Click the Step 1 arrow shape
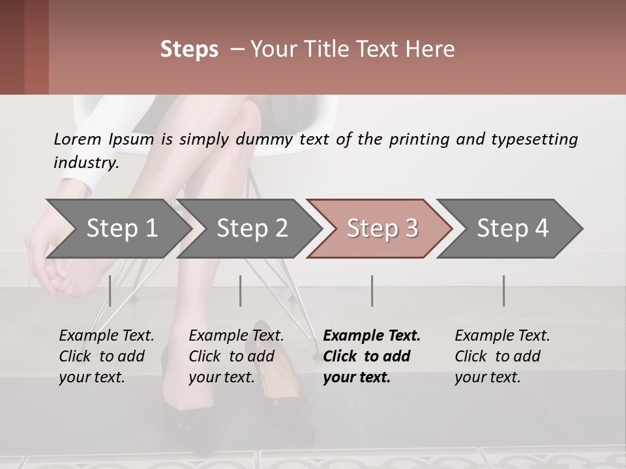tap(121, 229)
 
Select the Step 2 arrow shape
tap(252, 229)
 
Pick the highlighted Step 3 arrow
tap(382, 229)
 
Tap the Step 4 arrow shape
tap(513, 229)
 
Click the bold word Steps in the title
tap(189, 50)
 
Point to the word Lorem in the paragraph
tap(77, 139)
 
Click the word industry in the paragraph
tap(85, 163)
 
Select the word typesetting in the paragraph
tap(534, 139)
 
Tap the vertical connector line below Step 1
tap(110, 291)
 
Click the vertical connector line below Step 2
tap(241, 291)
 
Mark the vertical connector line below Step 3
tap(372, 291)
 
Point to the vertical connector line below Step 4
tap(503, 291)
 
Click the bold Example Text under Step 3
tap(372, 336)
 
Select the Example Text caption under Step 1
tap(106, 336)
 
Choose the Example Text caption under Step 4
tap(502, 336)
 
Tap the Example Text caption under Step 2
tap(236, 336)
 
